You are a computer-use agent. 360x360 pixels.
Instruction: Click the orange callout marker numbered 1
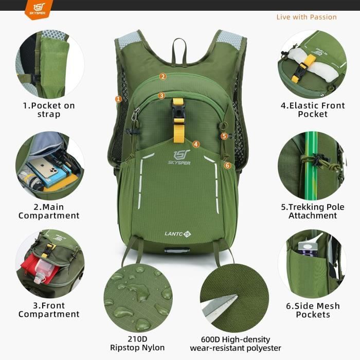[x=118, y=99]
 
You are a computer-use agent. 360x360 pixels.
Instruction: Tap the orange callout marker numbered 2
[x=163, y=77]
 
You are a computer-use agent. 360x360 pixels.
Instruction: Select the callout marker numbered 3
[x=161, y=95]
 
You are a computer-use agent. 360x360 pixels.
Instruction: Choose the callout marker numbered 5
[x=224, y=136]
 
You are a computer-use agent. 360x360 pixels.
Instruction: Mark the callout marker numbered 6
[x=227, y=165]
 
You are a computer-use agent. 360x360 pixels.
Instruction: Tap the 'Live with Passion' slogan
[x=307, y=17]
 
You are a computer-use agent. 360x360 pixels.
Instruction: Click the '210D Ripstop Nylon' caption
[x=137, y=344]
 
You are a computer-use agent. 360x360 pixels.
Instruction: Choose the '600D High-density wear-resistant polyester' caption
[x=236, y=344]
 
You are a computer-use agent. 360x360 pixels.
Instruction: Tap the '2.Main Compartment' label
[x=49, y=211]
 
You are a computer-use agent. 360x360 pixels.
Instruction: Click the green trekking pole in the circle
[x=310, y=165]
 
